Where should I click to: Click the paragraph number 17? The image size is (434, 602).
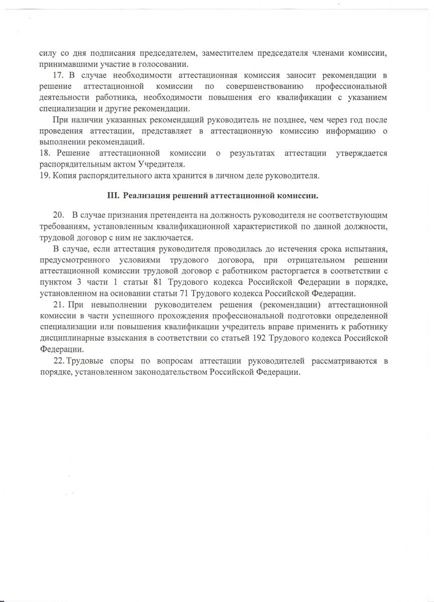pyautogui.click(x=58, y=75)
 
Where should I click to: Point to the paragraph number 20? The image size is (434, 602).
pyautogui.click(x=58, y=215)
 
